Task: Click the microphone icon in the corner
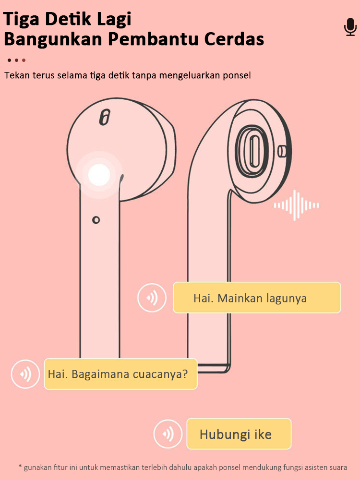pos(350,27)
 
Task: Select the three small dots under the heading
pos(16,60)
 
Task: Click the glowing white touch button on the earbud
pos(99,174)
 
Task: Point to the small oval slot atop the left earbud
pos(104,118)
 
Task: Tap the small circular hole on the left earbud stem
pos(96,220)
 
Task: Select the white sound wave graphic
pos(296,205)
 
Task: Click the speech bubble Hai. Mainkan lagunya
pos(257,298)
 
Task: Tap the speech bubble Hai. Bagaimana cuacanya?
pos(120,374)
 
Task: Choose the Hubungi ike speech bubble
pos(239,434)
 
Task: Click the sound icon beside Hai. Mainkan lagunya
pos(152,298)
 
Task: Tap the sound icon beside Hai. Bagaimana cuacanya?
pos(25,374)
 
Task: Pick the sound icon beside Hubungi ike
pos(168,434)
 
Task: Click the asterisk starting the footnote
pos(20,467)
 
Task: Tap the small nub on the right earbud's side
pos(283,151)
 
